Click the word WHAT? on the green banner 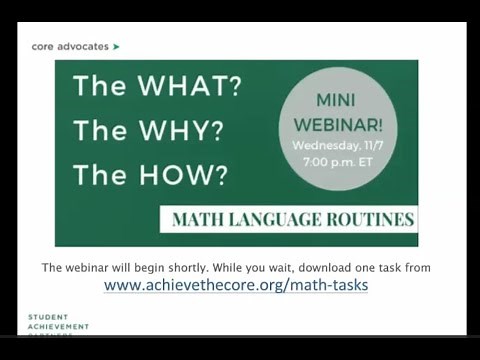pos(190,87)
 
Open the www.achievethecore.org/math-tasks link pos(236,286)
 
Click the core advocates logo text pos(70,46)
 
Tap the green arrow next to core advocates pos(117,46)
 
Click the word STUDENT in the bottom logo pos(49,317)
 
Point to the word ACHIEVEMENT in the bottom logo pos(58,326)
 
